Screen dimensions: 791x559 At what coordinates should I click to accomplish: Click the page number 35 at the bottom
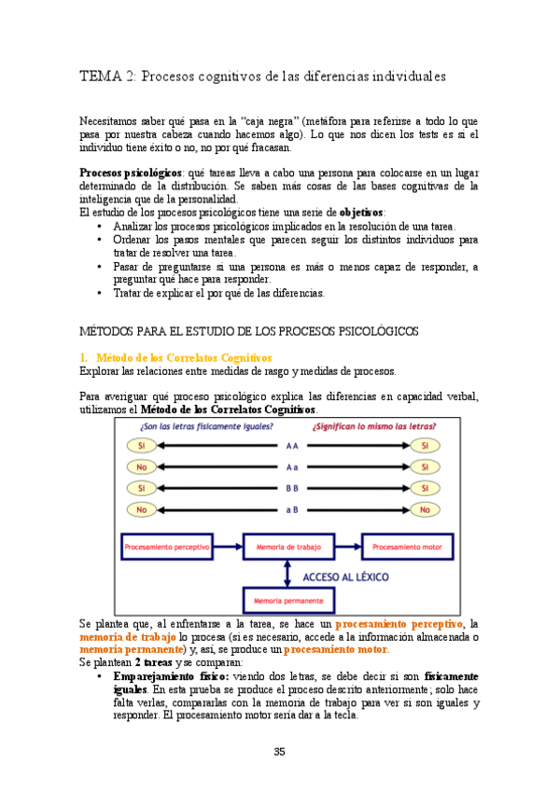(279, 752)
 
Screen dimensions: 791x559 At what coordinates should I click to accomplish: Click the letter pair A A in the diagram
(292, 446)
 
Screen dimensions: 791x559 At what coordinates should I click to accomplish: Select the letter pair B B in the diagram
(292, 488)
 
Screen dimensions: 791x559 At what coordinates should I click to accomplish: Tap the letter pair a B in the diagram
(292, 509)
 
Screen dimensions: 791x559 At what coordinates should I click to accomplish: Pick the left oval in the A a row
(142, 467)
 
